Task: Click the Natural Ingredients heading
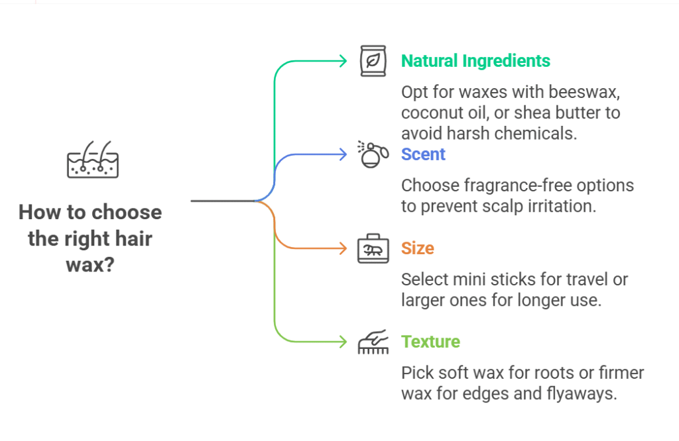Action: [x=475, y=61]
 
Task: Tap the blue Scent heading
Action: [x=423, y=154]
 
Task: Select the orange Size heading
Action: [x=418, y=248]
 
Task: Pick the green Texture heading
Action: [x=430, y=342]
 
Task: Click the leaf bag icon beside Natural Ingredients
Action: [x=373, y=61]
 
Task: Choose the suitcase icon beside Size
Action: [x=373, y=248]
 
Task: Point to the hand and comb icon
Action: [x=373, y=342]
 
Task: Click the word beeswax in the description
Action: [x=584, y=92]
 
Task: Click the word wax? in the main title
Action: [x=90, y=265]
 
